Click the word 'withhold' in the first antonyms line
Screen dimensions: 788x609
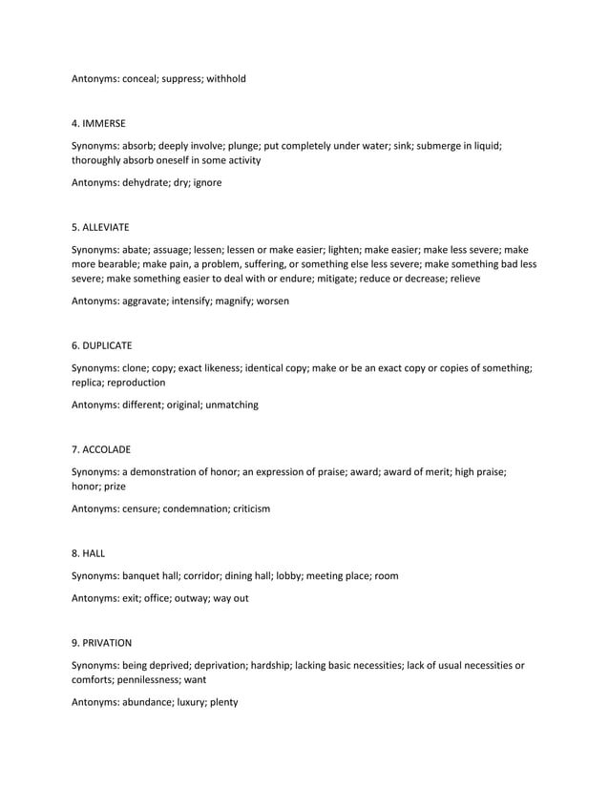pyautogui.click(x=224, y=78)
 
